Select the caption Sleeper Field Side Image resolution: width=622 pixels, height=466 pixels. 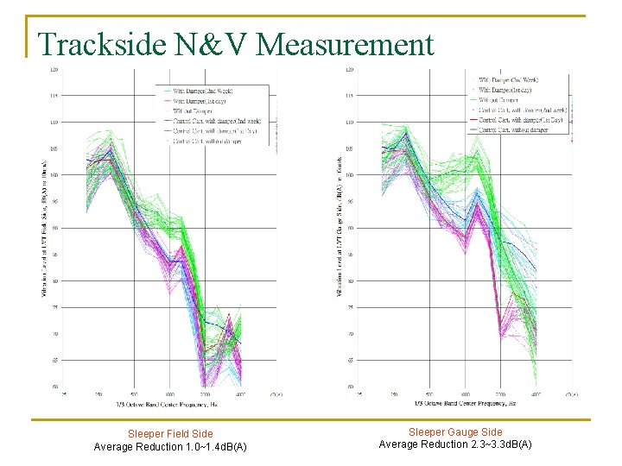point(170,434)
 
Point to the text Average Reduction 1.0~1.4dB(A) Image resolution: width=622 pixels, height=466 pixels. point(170,447)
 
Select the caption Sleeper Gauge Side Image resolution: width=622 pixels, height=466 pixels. point(455,431)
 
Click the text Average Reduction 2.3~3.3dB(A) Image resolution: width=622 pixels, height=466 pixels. point(455,444)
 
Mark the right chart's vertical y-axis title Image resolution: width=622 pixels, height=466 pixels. point(338,229)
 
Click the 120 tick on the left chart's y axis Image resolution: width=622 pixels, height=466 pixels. point(54,69)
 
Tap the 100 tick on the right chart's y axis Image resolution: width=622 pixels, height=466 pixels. point(348,175)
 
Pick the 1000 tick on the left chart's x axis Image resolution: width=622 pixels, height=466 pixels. point(169,394)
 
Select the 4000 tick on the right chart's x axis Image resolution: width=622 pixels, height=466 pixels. point(536,394)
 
